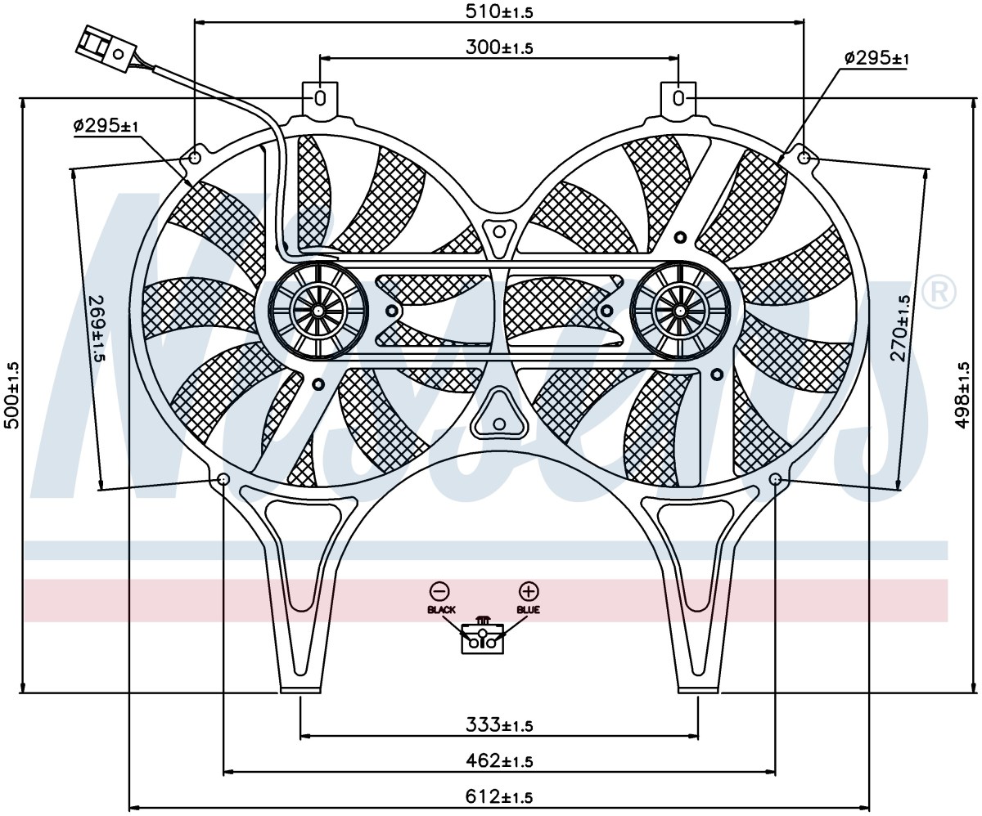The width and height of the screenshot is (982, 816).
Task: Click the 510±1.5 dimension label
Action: point(499,11)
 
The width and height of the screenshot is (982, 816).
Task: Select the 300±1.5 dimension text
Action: point(499,47)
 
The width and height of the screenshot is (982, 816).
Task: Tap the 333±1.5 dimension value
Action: point(499,725)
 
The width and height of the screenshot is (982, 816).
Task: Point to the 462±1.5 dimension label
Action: point(499,760)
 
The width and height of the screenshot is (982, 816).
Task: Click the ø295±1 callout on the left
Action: point(106,126)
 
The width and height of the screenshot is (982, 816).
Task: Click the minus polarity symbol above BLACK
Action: point(439,591)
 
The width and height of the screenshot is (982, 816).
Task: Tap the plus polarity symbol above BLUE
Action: point(528,591)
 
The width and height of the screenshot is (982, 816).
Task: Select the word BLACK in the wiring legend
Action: point(441,610)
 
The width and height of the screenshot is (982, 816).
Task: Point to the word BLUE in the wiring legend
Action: point(528,610)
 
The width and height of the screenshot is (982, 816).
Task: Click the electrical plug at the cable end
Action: point(106,48)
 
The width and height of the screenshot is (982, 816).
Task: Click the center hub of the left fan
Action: point(318,311)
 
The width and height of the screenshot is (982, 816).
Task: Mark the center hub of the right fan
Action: point(680,311)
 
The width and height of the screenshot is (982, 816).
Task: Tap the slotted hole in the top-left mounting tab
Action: point(320,99)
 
